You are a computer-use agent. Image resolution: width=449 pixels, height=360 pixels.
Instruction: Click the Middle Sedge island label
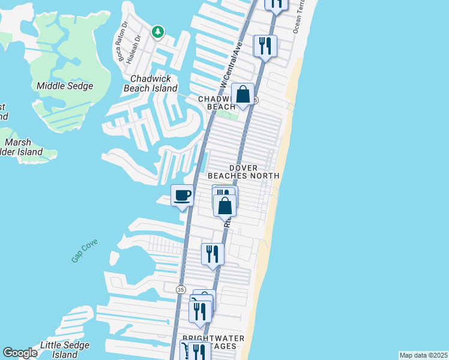pos(65,86)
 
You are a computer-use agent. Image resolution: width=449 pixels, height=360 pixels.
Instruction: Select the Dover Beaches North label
pos(243,172)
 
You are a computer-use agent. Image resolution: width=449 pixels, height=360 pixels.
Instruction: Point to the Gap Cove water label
pos(84,250)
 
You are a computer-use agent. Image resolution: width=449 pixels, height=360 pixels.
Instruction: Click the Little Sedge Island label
pos(64,349)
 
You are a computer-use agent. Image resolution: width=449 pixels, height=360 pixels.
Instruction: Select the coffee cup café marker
pos(182,196)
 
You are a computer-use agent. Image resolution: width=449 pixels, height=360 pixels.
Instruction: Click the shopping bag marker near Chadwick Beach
pos(243,95)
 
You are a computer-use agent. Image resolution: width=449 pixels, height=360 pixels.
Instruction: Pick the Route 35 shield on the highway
pos(181,289)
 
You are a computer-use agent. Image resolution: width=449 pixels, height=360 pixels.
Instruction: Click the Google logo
pos(20,353)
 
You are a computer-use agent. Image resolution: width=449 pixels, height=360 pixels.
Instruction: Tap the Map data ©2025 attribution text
pos(423,355)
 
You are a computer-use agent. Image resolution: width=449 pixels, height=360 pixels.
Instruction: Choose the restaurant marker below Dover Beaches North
pos(212,254)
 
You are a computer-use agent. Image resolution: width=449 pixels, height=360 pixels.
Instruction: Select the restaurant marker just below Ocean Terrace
pos(265,46)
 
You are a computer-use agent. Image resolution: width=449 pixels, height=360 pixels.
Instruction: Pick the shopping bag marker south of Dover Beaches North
pos(224,206)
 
